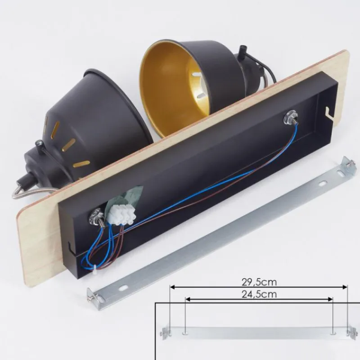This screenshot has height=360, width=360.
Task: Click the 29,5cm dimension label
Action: [x=259, y=282]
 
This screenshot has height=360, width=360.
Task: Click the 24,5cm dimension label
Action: [x=259, y=294]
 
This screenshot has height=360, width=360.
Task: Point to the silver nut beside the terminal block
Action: [x=97, y=216]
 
